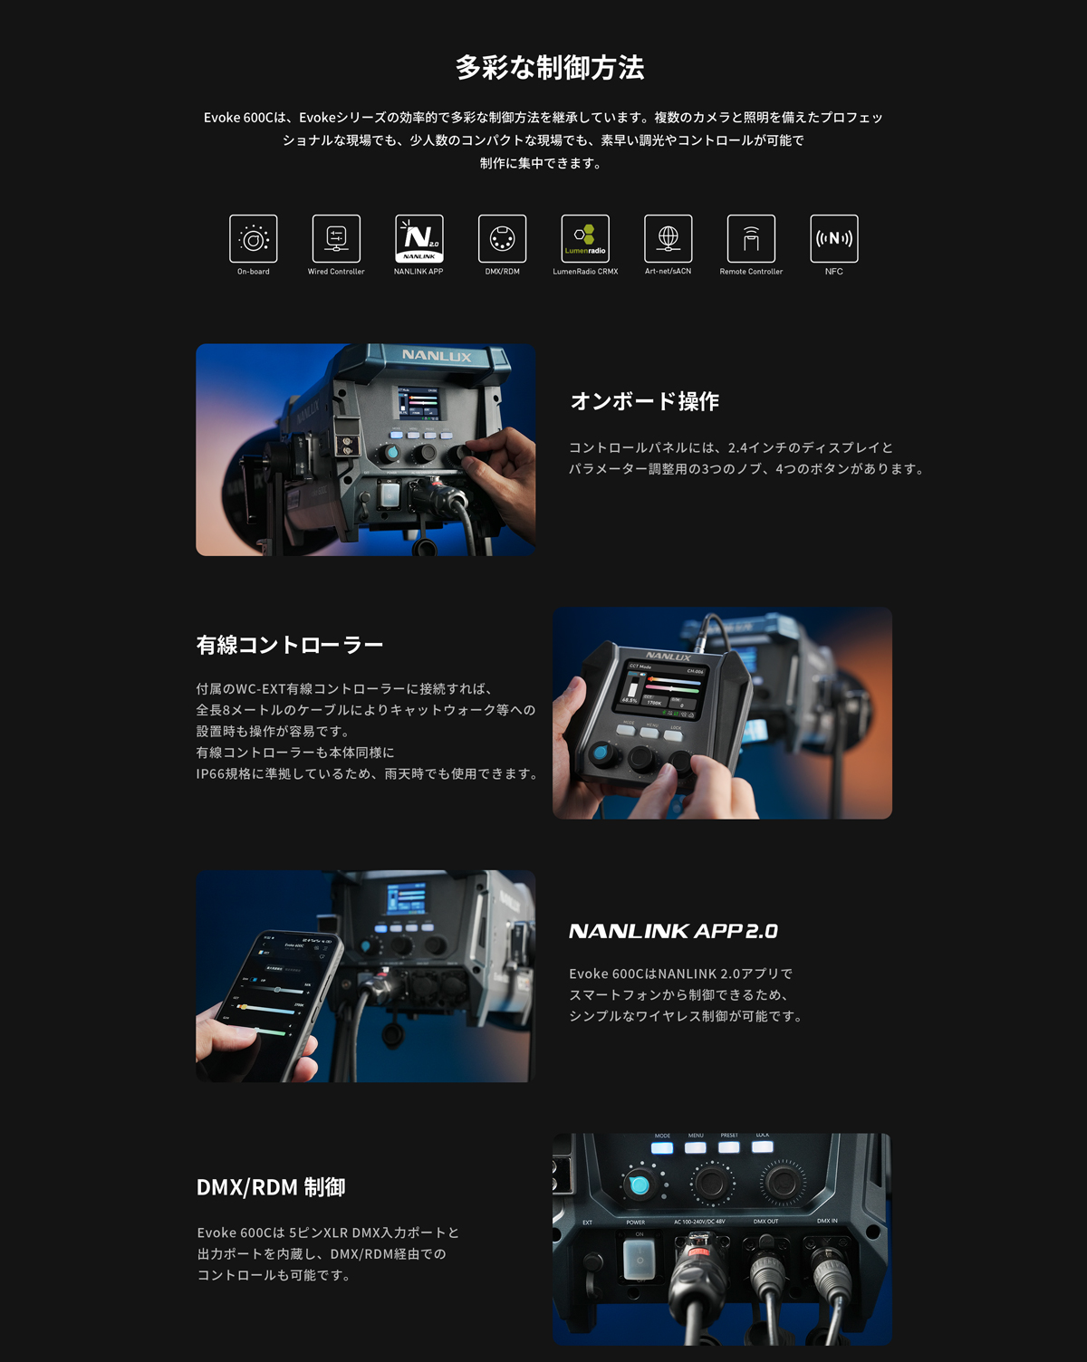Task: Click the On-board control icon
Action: pos(254,239)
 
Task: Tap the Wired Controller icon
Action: pos(336,239)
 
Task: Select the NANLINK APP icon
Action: pos(419,239)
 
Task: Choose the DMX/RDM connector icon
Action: pos(502,239)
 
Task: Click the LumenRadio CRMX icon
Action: pos(585,239)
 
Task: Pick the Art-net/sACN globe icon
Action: pos(669,239)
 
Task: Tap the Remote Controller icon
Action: pos(751,239)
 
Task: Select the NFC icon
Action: pos(834,239)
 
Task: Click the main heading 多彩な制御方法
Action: pos(549,68)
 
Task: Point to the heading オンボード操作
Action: pos(645,401)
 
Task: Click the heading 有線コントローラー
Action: pos(290,645)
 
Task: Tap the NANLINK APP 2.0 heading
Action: pos(673,931)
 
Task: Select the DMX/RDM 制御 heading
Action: pos(271,1187)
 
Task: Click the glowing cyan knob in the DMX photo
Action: pos(640,1185)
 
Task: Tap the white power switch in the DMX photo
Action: pos(640,1260)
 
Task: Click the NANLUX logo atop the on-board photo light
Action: pos(437,356)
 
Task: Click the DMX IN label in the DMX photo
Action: pos(827,1221)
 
